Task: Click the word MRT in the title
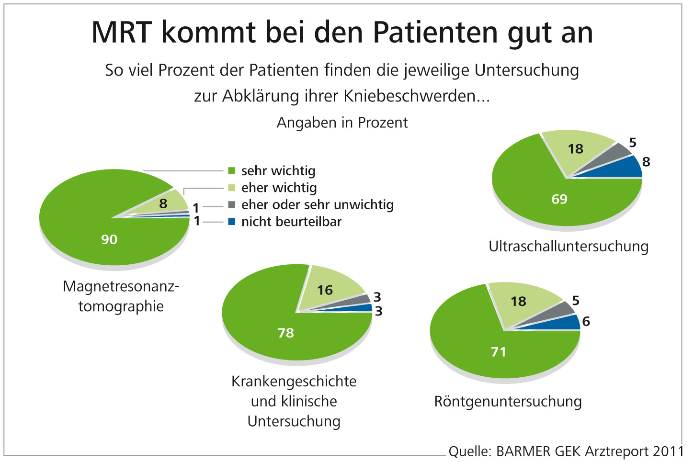coord(122,33)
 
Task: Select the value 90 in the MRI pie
coord(109,239)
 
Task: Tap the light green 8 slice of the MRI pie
coord(165,203)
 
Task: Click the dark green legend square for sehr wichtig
coord(232,171)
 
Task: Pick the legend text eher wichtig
coord(279,188)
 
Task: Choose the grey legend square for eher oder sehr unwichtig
coord(232,205)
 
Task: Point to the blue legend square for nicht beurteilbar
coord(232,222)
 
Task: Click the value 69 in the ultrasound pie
coord(559,199)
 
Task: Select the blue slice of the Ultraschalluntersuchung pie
coord(627,168)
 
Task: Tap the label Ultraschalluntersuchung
coord(569,247)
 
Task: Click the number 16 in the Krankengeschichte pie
coord(325,290)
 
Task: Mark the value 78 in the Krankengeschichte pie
coord(285,333)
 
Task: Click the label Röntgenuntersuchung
coord(508,402)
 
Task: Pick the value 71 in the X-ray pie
coord(499,352)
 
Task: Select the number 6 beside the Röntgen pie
coord(586,321)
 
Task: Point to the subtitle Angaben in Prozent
coord(342,123)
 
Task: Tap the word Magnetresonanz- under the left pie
coord(121,287)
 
